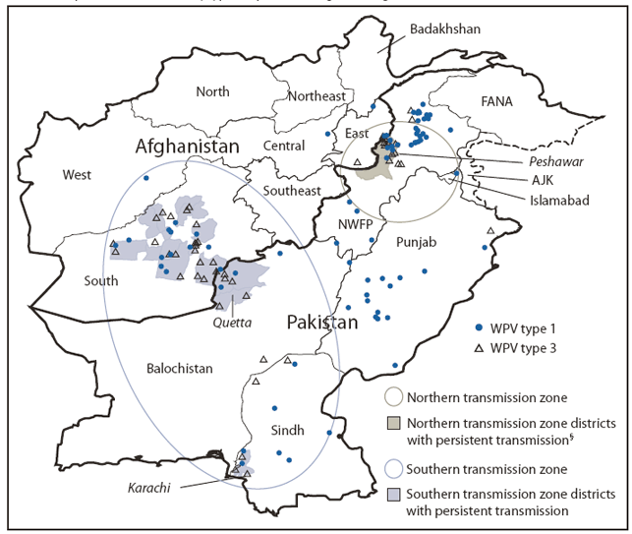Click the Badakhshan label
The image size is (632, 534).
point(445,29)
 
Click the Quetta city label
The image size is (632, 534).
point(233,322)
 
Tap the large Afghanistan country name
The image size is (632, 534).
point(188,147)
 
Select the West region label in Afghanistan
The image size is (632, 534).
point(77,175)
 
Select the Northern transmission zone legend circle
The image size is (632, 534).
point(392,397)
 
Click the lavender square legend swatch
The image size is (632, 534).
point(392,494)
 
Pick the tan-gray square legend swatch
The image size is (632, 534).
point(392,425)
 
